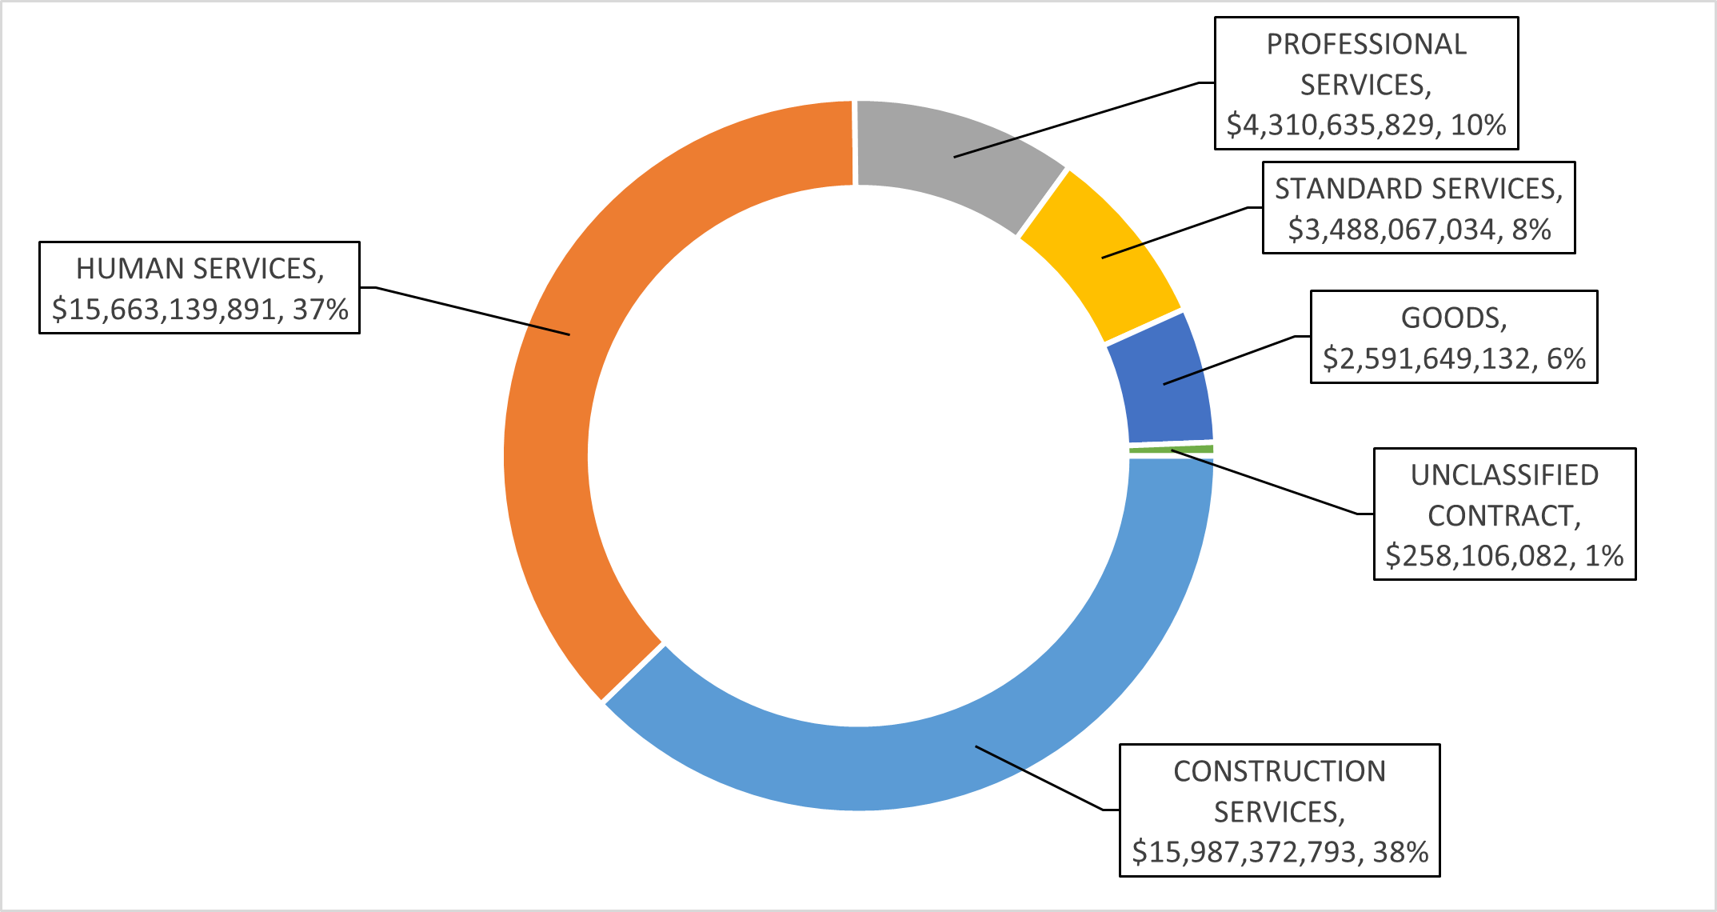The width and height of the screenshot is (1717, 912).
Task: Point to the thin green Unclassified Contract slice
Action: (x=1172, y=450)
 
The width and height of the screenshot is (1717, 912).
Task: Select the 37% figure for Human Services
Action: (x=320, y=310)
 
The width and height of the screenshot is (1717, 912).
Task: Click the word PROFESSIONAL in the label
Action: (x=1366, y=45)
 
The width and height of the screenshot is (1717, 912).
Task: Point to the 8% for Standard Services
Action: (x=1531, y=230)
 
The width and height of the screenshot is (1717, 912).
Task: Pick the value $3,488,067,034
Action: (x=1391, y=230)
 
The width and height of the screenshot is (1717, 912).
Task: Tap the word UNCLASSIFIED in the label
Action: (x=1504, y=475)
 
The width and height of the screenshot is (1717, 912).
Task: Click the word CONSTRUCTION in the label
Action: (x=1280, y=771)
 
